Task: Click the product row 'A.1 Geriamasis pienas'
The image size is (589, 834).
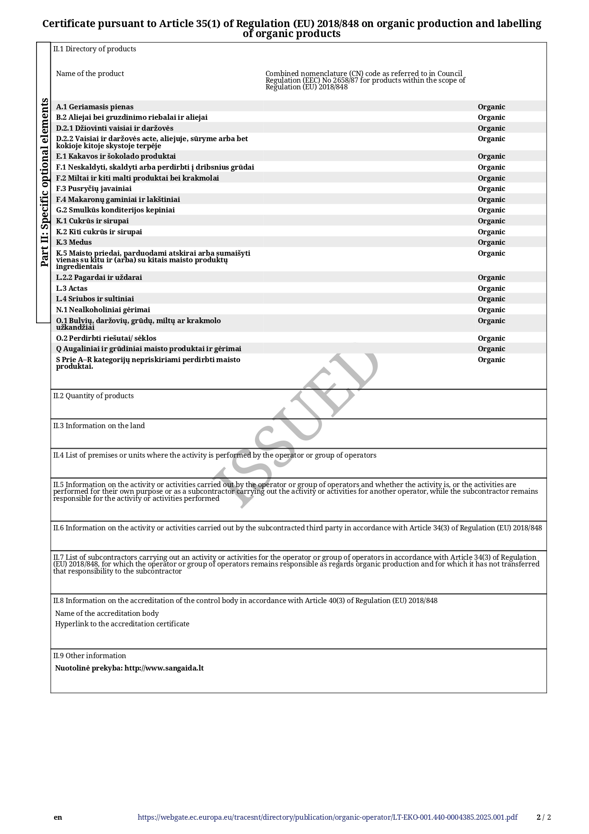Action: [x=95, y=107]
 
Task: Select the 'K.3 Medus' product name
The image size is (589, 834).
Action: [x=74, y=242]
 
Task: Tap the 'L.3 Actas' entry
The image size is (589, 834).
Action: [x=72, y=288]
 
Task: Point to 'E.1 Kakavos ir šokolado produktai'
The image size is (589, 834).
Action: [x=116, y=156]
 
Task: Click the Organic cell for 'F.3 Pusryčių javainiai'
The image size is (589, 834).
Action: [x=491, y=189]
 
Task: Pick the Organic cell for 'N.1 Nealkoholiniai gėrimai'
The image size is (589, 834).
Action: [x=491, y=310]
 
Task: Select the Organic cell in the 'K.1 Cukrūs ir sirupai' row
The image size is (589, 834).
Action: [x=491, y=221]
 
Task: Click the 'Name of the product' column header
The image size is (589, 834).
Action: [x=90, y=74]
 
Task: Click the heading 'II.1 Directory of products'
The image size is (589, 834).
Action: [x=95, y=49]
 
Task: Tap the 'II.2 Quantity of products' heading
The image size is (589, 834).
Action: [x=94, y=396]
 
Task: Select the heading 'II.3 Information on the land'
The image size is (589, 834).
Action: [x=99, y=426]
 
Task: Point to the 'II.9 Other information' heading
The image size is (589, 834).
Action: [x=90, y=656]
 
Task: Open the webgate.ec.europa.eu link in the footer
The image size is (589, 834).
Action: [x=327, y=817]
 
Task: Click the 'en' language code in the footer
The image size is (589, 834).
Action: [x=58, y=817]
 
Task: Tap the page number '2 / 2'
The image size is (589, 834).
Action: [x=544, y=817]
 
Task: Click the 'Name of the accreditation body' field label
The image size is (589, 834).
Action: [x=107, y=614]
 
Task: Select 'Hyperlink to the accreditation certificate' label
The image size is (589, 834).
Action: [x=122, y=624]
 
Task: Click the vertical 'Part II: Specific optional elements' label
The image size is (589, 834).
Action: [x=44, y=182]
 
